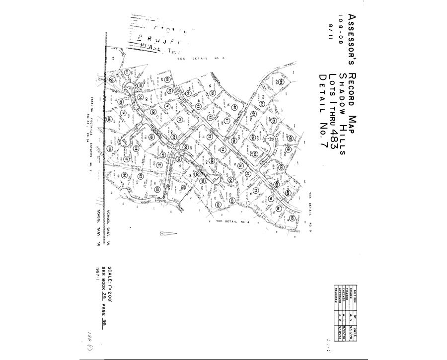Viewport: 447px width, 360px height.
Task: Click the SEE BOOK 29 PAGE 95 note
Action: (104, 292)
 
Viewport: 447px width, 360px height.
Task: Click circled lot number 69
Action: (167, 80)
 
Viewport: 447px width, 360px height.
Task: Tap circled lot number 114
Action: (124, 113)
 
